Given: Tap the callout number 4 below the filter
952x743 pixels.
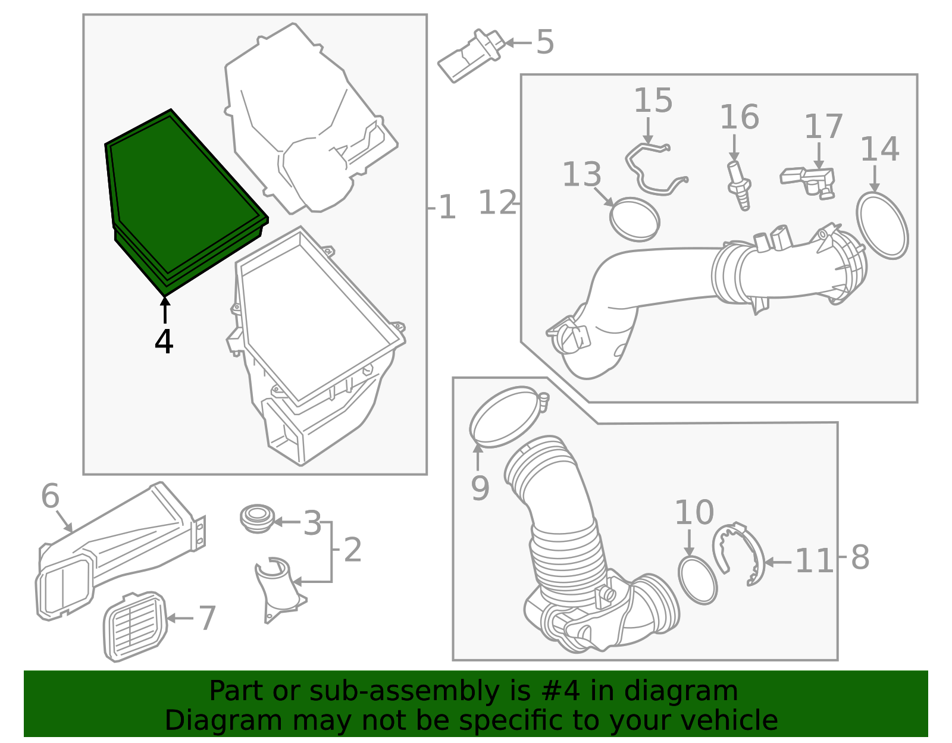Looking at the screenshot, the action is click(164, 341).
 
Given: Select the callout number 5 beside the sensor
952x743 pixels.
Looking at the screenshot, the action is click(545, 42).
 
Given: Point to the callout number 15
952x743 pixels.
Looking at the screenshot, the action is click(653, 101).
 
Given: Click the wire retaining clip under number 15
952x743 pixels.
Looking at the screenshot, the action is click(656, 168).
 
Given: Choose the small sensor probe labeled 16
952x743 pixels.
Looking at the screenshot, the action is click(739, 186).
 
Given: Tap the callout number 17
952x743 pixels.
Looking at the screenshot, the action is click(823, 127).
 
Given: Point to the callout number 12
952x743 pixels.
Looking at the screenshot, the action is click(497, 202).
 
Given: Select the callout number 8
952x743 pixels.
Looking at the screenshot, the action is click(860, 558).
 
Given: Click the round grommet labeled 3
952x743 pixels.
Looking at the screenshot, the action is click(258, 518).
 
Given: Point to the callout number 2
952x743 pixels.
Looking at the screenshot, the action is click(353, 550).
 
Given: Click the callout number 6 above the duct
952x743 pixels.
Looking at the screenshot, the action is click(50, 496).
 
